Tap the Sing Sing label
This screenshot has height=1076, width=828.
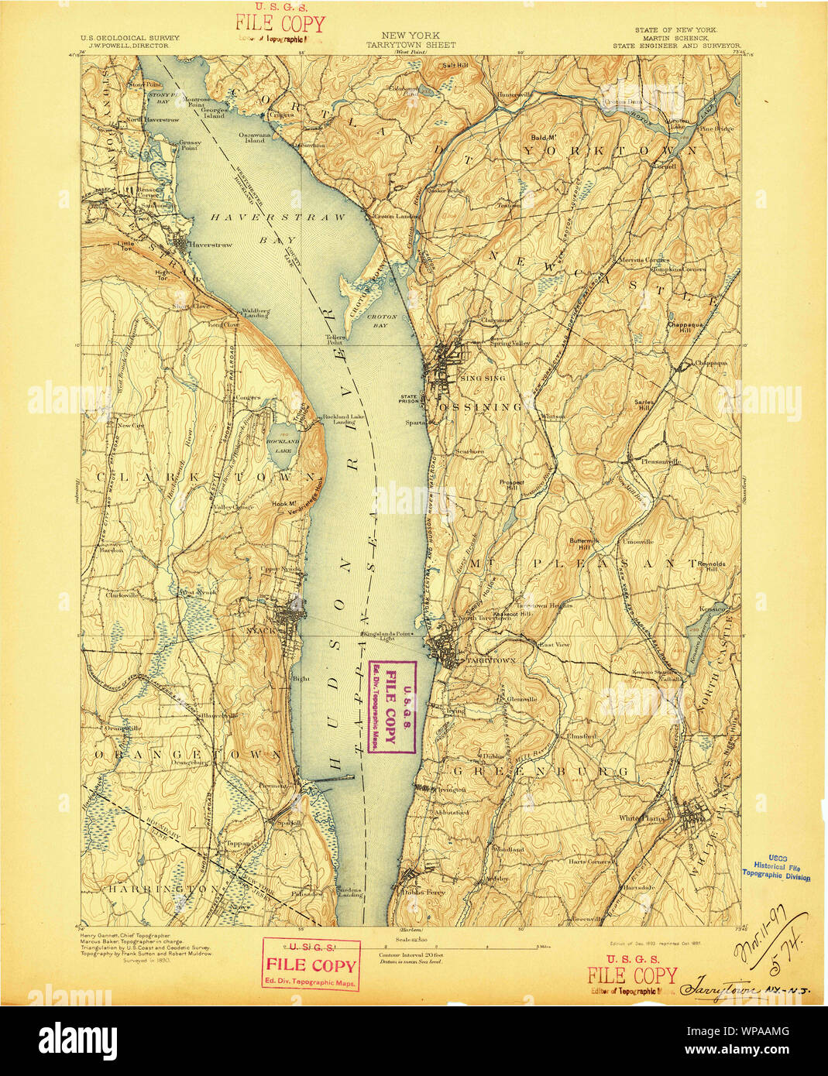[x=482, y=378]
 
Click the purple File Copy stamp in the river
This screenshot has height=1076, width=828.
[x=391, y=707]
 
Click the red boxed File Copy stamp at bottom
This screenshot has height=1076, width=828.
[x=311, y=964]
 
